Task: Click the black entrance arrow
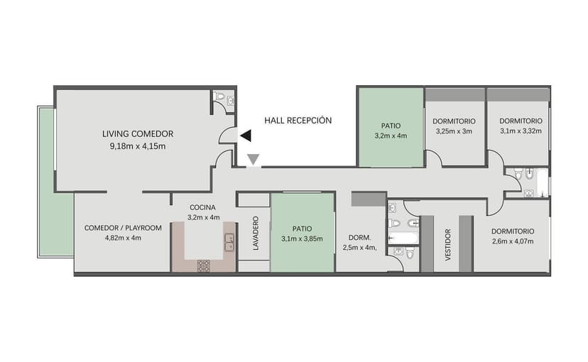pyautogui.click(x=245, y=135)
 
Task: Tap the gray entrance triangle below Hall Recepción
pyautogui.click(x=252, y=160)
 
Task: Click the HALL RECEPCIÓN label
pyautogui.click(x=298, y=121)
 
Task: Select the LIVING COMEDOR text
pyautogui.click(x=138, y=133)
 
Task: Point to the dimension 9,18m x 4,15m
pyautogui.click(x=138, y=146)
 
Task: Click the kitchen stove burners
pyautogui.click(x=203, y=265)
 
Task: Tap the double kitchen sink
pyautogui.click(x=229, y=242)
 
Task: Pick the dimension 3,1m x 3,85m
pyautogui.click(x=302, y=238)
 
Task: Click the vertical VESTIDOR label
pyautogui.click(x=447, y=245)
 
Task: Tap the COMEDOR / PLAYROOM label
pyautogui.click(x=123, y=228)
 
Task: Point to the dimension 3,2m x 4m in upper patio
pyautogui.click(x=391, y=135)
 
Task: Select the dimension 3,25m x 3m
pyautogui.click(x=454, y=132)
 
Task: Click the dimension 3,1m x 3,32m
pyautogui.click(x=520, y=131)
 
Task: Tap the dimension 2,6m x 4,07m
pyautogui.click(x=511, y=242)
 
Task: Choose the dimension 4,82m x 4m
pyautogui.click(x=123, y=238)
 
